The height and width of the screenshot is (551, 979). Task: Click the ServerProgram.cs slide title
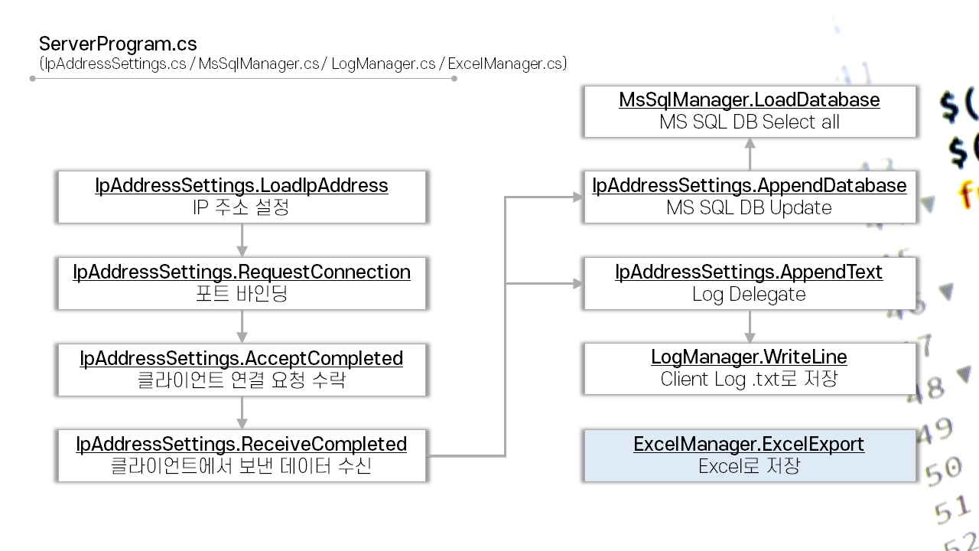coord(118,44)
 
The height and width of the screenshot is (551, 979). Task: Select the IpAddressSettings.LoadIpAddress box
coord(242,197)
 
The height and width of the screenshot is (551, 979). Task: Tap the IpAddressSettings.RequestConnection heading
coord(242,272)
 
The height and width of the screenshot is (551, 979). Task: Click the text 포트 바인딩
coord(242,294)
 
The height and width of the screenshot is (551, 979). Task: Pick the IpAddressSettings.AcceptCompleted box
coord(242,369)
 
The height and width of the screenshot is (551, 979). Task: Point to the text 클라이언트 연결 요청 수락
coord(242,380)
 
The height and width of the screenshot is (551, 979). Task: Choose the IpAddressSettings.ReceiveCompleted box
coord(242,455)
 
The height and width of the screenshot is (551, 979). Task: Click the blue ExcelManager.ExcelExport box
coord(749,455)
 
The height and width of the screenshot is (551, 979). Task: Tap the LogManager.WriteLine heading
coord(749,357)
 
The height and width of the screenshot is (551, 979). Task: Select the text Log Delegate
coord(749,295)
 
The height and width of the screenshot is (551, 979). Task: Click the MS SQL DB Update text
coord(749,208)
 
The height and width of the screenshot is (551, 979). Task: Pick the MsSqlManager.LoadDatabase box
coord(749,111)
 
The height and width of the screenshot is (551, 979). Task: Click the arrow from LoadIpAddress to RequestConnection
coord(242,240)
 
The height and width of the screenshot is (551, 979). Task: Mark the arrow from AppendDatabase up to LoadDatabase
coord(750,155)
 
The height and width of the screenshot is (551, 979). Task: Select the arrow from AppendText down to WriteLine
coord(750,326)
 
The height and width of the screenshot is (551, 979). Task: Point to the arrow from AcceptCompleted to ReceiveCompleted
coord(242,412)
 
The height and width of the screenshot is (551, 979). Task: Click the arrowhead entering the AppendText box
coord(577,283)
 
